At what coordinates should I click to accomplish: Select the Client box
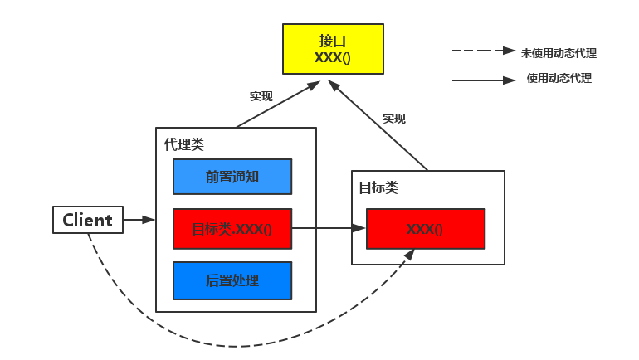tap(87, 220)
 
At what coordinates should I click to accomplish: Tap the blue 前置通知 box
tap(232, 177)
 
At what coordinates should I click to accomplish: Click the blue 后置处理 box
tap(232, 280)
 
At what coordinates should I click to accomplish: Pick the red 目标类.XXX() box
tap(232, 229)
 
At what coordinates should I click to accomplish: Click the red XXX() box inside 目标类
tap(425, 229)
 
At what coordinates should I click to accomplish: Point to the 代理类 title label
tap(183, 144)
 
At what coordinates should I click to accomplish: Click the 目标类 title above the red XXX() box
tap(378, 187)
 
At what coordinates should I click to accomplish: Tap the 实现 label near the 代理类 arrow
tap(261, 96)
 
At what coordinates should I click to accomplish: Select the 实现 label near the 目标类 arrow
tap(394, 119)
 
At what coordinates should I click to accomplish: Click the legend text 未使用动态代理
tap(559, 53)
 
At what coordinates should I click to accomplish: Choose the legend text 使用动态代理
tap(559, 79)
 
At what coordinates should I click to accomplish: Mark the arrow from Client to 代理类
tap(139, 220)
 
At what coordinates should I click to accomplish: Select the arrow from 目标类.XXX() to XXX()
tap(329, 228)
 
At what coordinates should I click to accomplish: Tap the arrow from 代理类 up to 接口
tap(279, 104)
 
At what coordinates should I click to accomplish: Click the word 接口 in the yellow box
tap(332, 41)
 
